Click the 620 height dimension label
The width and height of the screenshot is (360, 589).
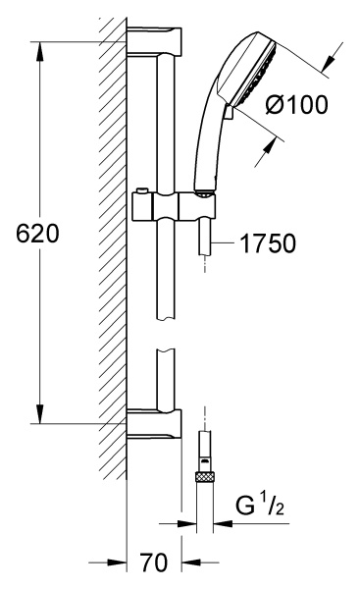tap(37, 234)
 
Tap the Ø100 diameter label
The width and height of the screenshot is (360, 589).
tap(296, 104)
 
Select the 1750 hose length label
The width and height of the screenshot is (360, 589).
tap(268, 243)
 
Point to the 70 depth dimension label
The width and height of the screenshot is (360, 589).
tap(154, 562)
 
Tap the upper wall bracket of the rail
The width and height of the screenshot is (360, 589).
tap(154, 41)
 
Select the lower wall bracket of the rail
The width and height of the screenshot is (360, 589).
tap(154, 424)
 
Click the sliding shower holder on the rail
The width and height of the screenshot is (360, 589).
tap(174, 206)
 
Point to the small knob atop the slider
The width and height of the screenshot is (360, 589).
tap(141, 190)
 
